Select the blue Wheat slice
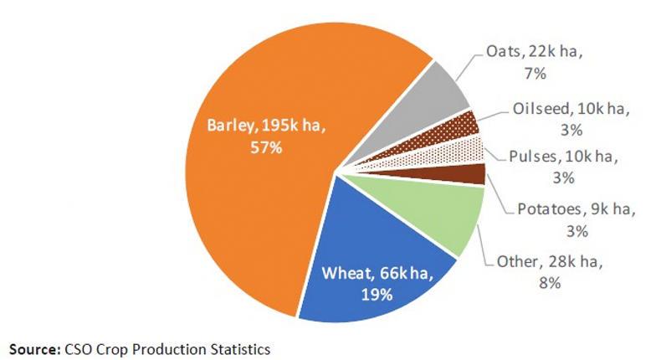pos(368,260)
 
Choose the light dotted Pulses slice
pos(469,153)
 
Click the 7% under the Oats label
pos(535,74)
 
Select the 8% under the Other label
pos(549,284)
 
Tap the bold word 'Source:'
pos(33,346)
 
